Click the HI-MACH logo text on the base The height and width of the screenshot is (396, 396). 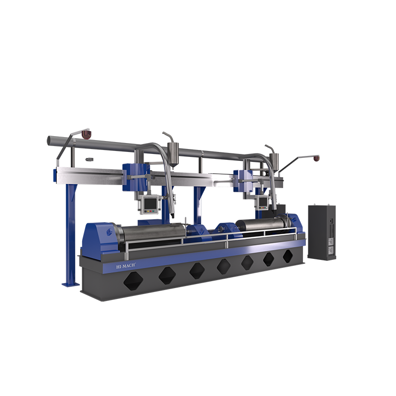126,266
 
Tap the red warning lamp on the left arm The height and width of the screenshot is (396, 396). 86,134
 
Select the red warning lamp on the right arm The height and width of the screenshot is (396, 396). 316,158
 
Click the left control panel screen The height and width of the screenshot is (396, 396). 149,203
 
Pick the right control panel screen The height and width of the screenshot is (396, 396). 263,201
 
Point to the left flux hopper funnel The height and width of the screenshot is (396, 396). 173,155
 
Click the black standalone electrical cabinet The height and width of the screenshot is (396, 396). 322,232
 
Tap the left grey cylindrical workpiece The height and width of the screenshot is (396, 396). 151,232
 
